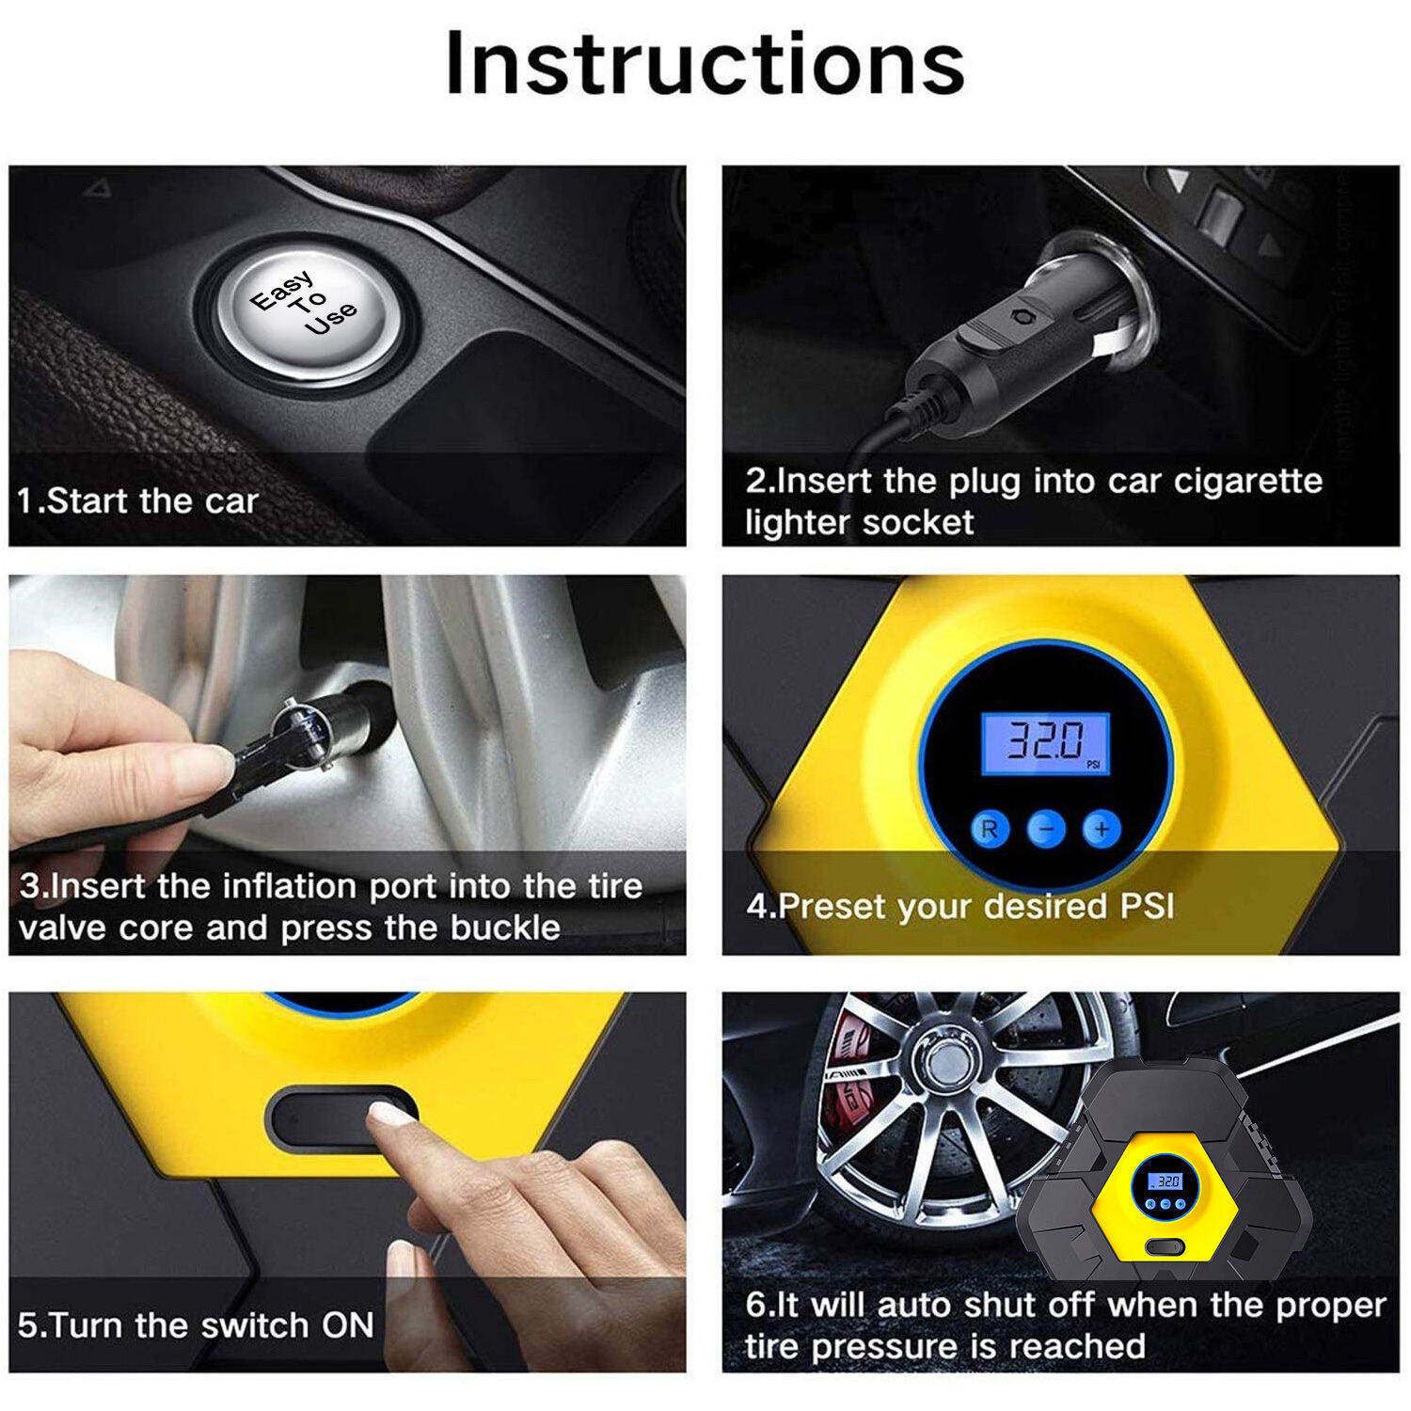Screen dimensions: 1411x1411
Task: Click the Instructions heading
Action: (x=705, y=63)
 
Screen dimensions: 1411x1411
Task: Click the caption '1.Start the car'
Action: (x=137, y=500)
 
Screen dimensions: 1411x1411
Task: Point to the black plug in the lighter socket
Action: (x=1016, y=343)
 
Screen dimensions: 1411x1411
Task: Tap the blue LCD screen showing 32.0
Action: (x=1046, y=743)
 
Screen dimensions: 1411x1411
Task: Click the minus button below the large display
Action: (x=1046, y=829)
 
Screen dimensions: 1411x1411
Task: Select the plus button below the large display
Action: (x=1102, y=829)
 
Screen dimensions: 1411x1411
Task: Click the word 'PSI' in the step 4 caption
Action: (x=1147, y=906)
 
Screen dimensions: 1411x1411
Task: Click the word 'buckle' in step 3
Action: (x=506, y=928)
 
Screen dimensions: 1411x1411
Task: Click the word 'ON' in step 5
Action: (x=348, y=1325)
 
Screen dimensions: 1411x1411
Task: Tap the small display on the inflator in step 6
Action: (x=1167, y=1181)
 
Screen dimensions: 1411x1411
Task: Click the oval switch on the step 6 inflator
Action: (x=1165, y=1247)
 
